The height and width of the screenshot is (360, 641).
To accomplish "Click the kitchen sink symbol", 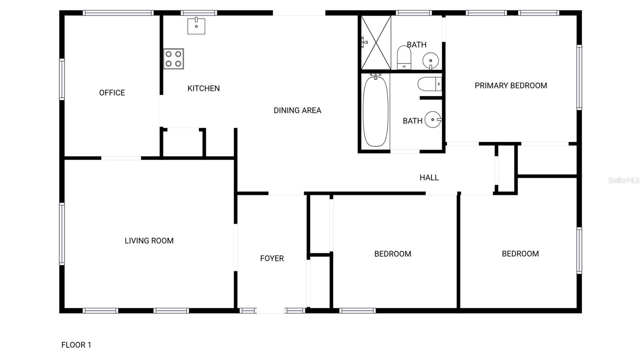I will (196, 26).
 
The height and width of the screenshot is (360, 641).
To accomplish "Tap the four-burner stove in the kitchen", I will (173, 59).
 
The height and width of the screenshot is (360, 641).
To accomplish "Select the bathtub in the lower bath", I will (375, 111).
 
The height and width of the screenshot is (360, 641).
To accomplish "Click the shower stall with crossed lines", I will (376, 42).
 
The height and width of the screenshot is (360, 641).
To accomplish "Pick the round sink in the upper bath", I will (431, 61).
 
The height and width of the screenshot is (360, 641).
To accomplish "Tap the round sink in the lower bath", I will (433, 119).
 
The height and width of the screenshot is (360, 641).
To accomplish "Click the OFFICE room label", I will (112, 93).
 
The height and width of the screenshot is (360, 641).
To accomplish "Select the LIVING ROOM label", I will (149, 241).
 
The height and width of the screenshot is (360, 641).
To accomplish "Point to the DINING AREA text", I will (297, 111).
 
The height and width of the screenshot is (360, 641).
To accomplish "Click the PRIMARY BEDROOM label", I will (511, 86).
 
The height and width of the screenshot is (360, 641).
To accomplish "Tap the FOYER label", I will (272, 259).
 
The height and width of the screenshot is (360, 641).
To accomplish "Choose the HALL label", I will (429, 178).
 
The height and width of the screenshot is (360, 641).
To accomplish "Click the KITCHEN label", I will (204, 88).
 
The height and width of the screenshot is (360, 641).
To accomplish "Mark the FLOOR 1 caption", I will (76, 345).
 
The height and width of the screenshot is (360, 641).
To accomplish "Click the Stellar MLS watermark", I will (623, 180).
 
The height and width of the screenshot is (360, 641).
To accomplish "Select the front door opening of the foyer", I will (270, 311).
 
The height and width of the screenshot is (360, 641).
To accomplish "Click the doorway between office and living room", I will (121, 158).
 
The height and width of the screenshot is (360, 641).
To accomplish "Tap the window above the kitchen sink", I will (199, 13).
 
